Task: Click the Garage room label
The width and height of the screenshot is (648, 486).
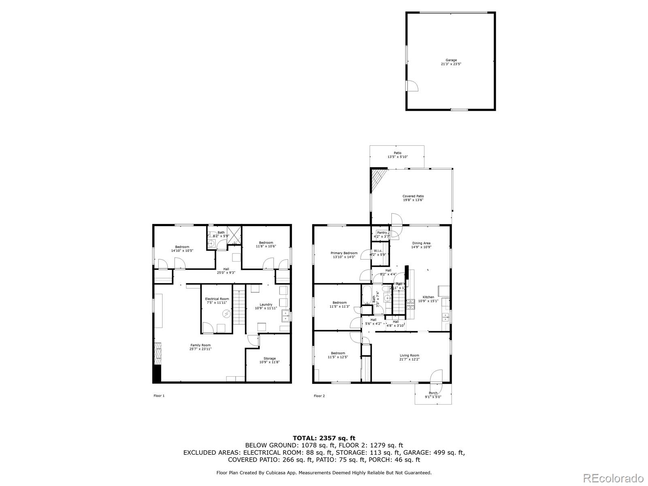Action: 451,62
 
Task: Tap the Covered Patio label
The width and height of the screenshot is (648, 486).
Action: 413,198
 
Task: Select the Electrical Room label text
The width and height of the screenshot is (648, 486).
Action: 217,301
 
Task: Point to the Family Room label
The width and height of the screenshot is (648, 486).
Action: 200,347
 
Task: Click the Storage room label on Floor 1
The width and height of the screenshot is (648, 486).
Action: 269,360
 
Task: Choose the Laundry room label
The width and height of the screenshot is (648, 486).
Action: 266,306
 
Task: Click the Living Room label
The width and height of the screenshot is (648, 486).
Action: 409,357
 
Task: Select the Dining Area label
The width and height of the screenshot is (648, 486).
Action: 421,245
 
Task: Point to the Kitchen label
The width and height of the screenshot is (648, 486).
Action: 428,299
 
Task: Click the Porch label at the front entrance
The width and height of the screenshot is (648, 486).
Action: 433,395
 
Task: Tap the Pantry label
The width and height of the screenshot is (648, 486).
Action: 382,234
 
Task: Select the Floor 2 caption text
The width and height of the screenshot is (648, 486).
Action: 319,396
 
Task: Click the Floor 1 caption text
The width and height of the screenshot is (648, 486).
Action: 159,396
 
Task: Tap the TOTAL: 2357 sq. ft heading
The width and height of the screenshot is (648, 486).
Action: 324,438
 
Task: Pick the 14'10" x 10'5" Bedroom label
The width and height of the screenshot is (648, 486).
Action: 182,249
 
